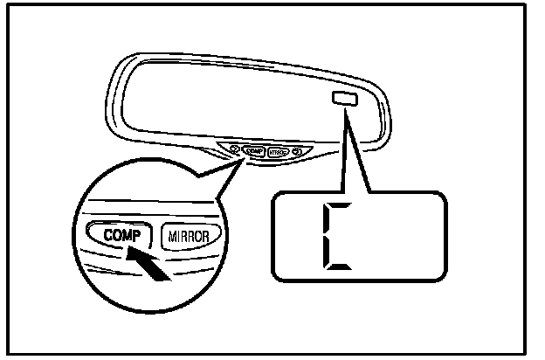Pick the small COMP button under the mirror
pyautogui.click(x=256, y=149)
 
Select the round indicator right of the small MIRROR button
pyautogui.click(x=299, y=151)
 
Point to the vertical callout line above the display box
pyautogui.click(x=343, y=153)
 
